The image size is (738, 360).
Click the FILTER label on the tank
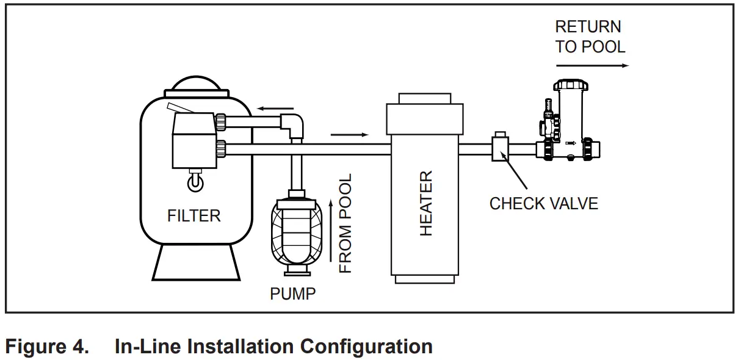[194, 215]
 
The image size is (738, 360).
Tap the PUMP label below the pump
[293, 293]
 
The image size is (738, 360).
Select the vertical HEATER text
[425, 203]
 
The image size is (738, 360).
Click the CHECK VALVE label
[543, 203]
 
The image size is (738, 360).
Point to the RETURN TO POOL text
[590, 37]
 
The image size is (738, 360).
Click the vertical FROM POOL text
[345, 223]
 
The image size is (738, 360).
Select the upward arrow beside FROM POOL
[331, 232]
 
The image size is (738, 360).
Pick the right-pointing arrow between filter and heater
[350, 134]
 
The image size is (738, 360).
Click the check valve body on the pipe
[501, 148]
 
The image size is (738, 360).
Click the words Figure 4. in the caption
[47, 347]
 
